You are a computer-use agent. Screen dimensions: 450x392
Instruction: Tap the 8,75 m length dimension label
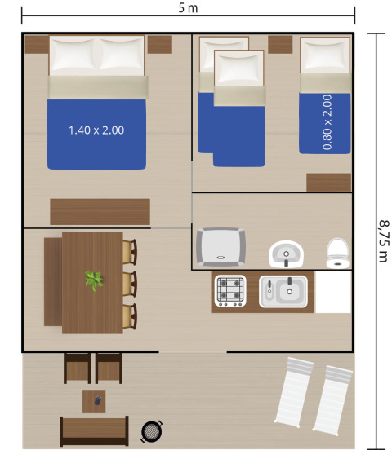point(383,236)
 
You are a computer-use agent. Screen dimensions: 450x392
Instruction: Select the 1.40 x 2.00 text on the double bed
point(96,130)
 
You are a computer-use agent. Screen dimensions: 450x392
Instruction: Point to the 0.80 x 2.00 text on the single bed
point(327,122)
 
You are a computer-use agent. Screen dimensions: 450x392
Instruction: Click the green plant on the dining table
point(94,281)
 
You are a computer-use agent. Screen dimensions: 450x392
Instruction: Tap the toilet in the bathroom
point(336,253)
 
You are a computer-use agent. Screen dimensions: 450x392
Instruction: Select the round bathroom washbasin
point(286,254)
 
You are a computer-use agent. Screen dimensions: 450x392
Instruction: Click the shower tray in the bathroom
point(220,247)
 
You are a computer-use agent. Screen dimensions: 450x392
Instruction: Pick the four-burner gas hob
point(230,290)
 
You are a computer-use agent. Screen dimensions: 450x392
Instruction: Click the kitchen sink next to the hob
point(283,291)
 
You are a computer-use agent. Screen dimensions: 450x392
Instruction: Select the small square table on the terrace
point(94,400)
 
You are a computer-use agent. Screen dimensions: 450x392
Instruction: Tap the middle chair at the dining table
point(129,284)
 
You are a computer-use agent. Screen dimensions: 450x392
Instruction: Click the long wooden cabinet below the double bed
point(100,211)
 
